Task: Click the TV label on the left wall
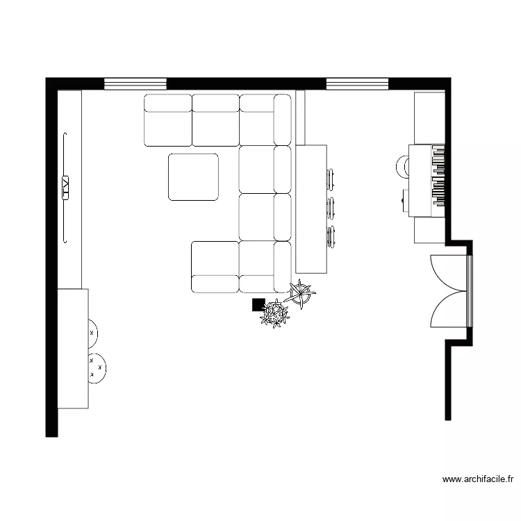pyautogui.click(x=66, y=187)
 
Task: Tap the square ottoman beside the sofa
pyautogui.click(x=193, y=177)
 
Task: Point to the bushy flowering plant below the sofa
pyautogui.click(x=275, y=313)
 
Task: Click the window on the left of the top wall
pyautogui.click(x=135, y=84)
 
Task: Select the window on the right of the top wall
pyautogui.click(x=357, y=84)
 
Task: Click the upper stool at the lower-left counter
pyautogui.click(x=92, y=333)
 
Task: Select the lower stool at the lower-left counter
pyautogui.click(x=96, y=367)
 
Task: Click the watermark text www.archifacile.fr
pyautogui.click(x=479, y=479)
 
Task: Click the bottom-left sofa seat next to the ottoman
pyautogui.click(x=215, y=267)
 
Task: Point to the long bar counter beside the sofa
pyautogui.click(x=311, y=208)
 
